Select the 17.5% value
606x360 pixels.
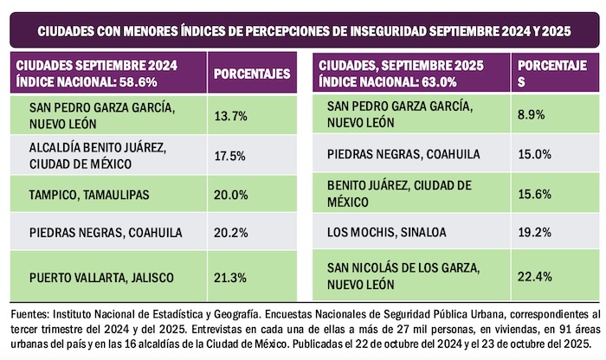227,156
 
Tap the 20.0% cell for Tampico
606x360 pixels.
228,196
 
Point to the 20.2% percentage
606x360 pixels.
228,232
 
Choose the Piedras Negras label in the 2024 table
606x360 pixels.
94,232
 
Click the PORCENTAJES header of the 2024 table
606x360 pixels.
251,74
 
